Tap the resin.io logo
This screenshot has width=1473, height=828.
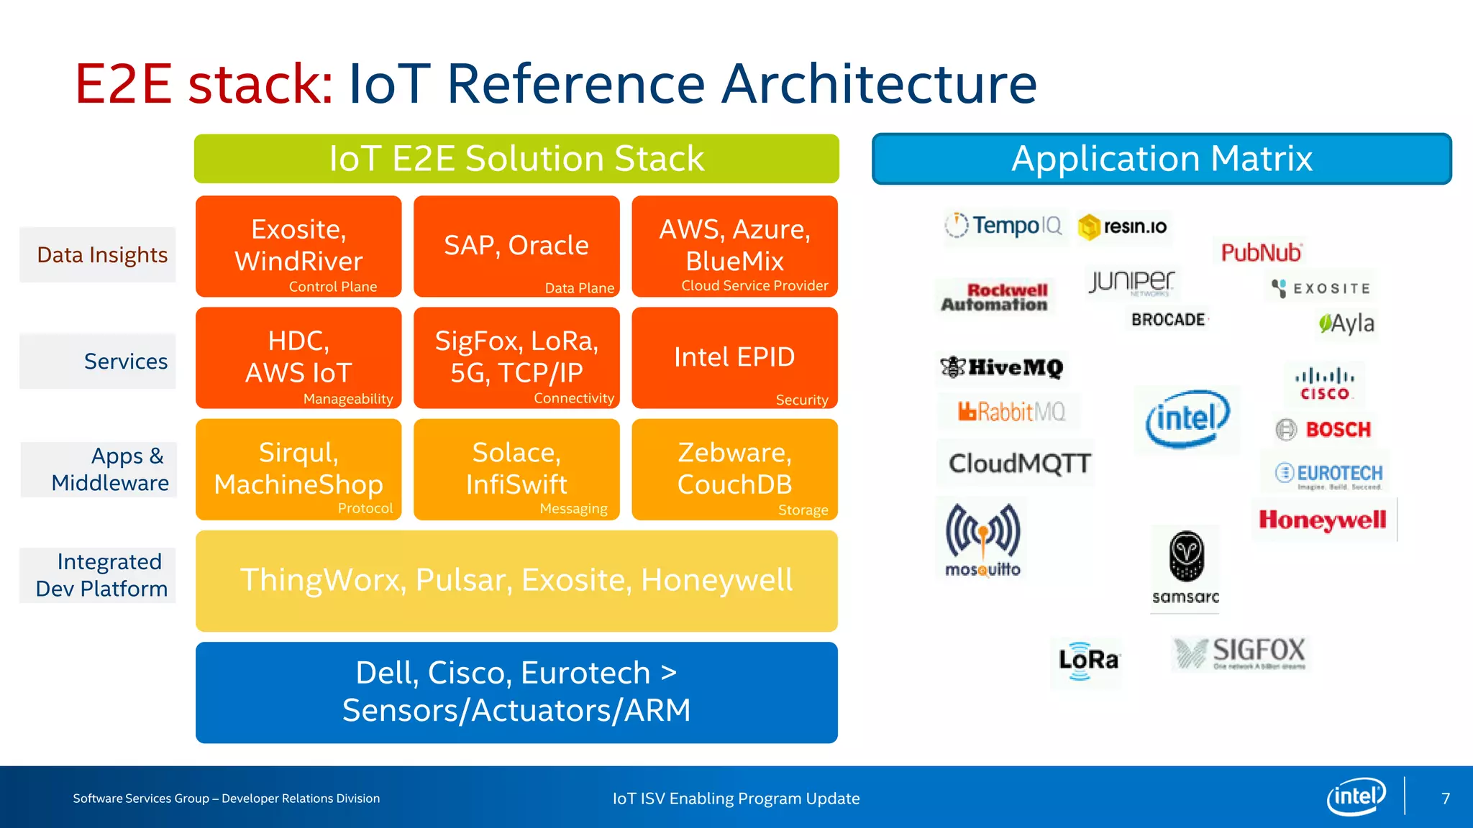click(1123, 227)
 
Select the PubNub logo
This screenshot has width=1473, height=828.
click(1261, 252)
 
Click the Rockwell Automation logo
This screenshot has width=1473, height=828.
click(995, 298)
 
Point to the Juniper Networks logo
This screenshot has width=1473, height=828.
click(1131, 282)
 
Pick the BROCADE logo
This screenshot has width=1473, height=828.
click(1169, 320)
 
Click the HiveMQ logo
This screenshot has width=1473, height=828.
click(1002, 367)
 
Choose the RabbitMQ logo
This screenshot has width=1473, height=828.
click(1011, 412)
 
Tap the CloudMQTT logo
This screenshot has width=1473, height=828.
click(1019, 464)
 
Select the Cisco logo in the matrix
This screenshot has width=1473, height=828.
click(1325, 384)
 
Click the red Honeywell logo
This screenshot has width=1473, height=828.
click(1322, 520)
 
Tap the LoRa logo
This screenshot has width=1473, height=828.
click(1087, 660)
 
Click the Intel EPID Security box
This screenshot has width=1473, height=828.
click(734, 358)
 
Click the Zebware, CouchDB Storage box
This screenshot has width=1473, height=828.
click(734, 469)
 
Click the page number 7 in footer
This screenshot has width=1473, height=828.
click(1446, 799)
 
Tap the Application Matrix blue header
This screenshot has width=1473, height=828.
click(1162, 159)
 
